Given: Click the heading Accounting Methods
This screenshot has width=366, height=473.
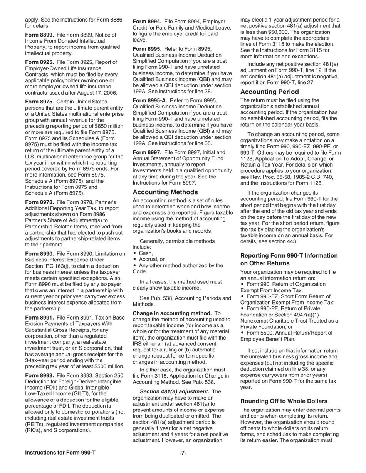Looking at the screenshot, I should (165, 192).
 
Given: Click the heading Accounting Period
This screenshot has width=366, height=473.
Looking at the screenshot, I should (269, 92).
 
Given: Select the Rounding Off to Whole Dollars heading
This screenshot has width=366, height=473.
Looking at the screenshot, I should (284, 401).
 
